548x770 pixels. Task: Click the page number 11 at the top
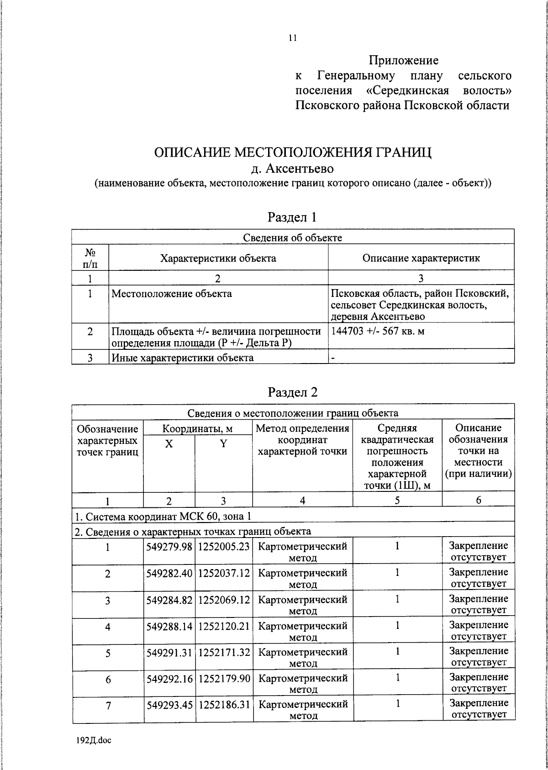coord(293,38)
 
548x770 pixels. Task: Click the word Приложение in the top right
coord(403,60)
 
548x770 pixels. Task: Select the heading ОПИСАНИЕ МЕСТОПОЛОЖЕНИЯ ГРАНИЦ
coord(293,152)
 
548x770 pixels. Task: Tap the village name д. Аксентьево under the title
coord(293,169)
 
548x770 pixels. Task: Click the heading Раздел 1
coord(292,217)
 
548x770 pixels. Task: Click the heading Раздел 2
coord(292,392)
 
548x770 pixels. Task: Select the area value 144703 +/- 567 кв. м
coord(378,331)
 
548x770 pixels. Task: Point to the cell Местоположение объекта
coord(172,294)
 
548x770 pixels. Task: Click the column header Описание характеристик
coord(421,258)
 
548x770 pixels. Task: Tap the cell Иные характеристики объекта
coord(183,358)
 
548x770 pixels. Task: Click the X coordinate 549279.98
coord(169,546)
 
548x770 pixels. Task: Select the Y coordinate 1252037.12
coord(224,573)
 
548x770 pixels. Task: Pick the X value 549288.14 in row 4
coord(169,626)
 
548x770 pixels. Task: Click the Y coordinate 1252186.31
coord(224,705)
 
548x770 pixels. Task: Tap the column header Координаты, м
coord(198,429)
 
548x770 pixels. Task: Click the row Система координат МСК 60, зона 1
coord(163,517)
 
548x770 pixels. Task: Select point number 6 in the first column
coord(108,680)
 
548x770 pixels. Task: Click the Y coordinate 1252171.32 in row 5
coord(224,652)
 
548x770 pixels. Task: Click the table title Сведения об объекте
coord(292,237)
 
